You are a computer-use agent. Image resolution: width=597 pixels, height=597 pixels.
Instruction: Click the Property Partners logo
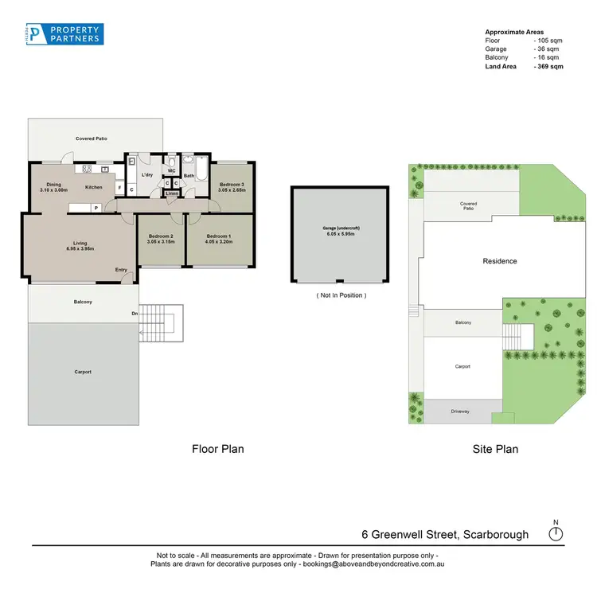click(63, 33)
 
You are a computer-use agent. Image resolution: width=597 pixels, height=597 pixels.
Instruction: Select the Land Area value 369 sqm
click(548, 67)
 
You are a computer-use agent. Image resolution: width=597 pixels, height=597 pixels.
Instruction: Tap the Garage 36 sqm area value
click(548, 49)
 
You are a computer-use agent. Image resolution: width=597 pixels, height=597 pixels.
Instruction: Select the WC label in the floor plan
click(171, 170)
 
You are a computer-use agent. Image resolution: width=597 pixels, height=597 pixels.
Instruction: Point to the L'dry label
click(147, 174)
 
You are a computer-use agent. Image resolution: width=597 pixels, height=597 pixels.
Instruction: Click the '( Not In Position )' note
click(341, 295)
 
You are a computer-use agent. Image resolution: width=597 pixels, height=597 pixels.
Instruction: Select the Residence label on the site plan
click(500, 261)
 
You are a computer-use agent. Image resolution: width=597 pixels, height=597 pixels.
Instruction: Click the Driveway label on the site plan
click(462, 412)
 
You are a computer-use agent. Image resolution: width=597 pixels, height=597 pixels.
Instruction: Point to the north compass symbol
click(556, 533)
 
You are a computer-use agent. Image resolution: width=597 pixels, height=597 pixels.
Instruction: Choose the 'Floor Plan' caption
click(217, 449)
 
